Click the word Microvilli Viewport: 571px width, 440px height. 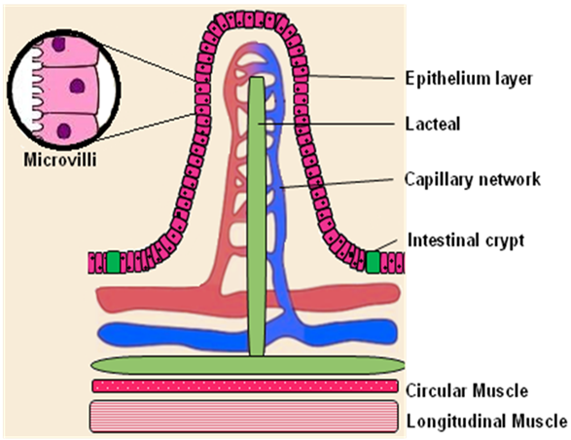click(60, 160)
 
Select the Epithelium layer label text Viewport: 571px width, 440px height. click(469, 79)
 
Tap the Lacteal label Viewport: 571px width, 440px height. click(433, 124)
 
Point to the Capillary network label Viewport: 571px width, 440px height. click(473, 179)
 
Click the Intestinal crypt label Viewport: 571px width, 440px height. click(466, 240)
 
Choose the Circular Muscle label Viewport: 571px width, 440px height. click(467, 390)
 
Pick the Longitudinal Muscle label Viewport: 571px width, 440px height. click(487, 422)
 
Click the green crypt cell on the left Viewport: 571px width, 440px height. click(113, 262)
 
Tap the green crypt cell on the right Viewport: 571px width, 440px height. click(373, 262)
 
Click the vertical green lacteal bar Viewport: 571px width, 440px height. click(257, 216)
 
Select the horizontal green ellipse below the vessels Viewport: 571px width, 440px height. click(248, 365)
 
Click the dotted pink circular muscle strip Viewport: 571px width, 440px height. click(245, 385)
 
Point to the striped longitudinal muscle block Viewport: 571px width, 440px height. click(244, 417)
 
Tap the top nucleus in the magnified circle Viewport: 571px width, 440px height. click(58, 44)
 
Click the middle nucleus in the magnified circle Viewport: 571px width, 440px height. click(77, 87)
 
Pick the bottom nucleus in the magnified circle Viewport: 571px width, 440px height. click(64, 130)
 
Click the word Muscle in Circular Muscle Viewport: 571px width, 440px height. click(498, 390)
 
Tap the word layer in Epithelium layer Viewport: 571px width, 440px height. click(512, 80)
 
